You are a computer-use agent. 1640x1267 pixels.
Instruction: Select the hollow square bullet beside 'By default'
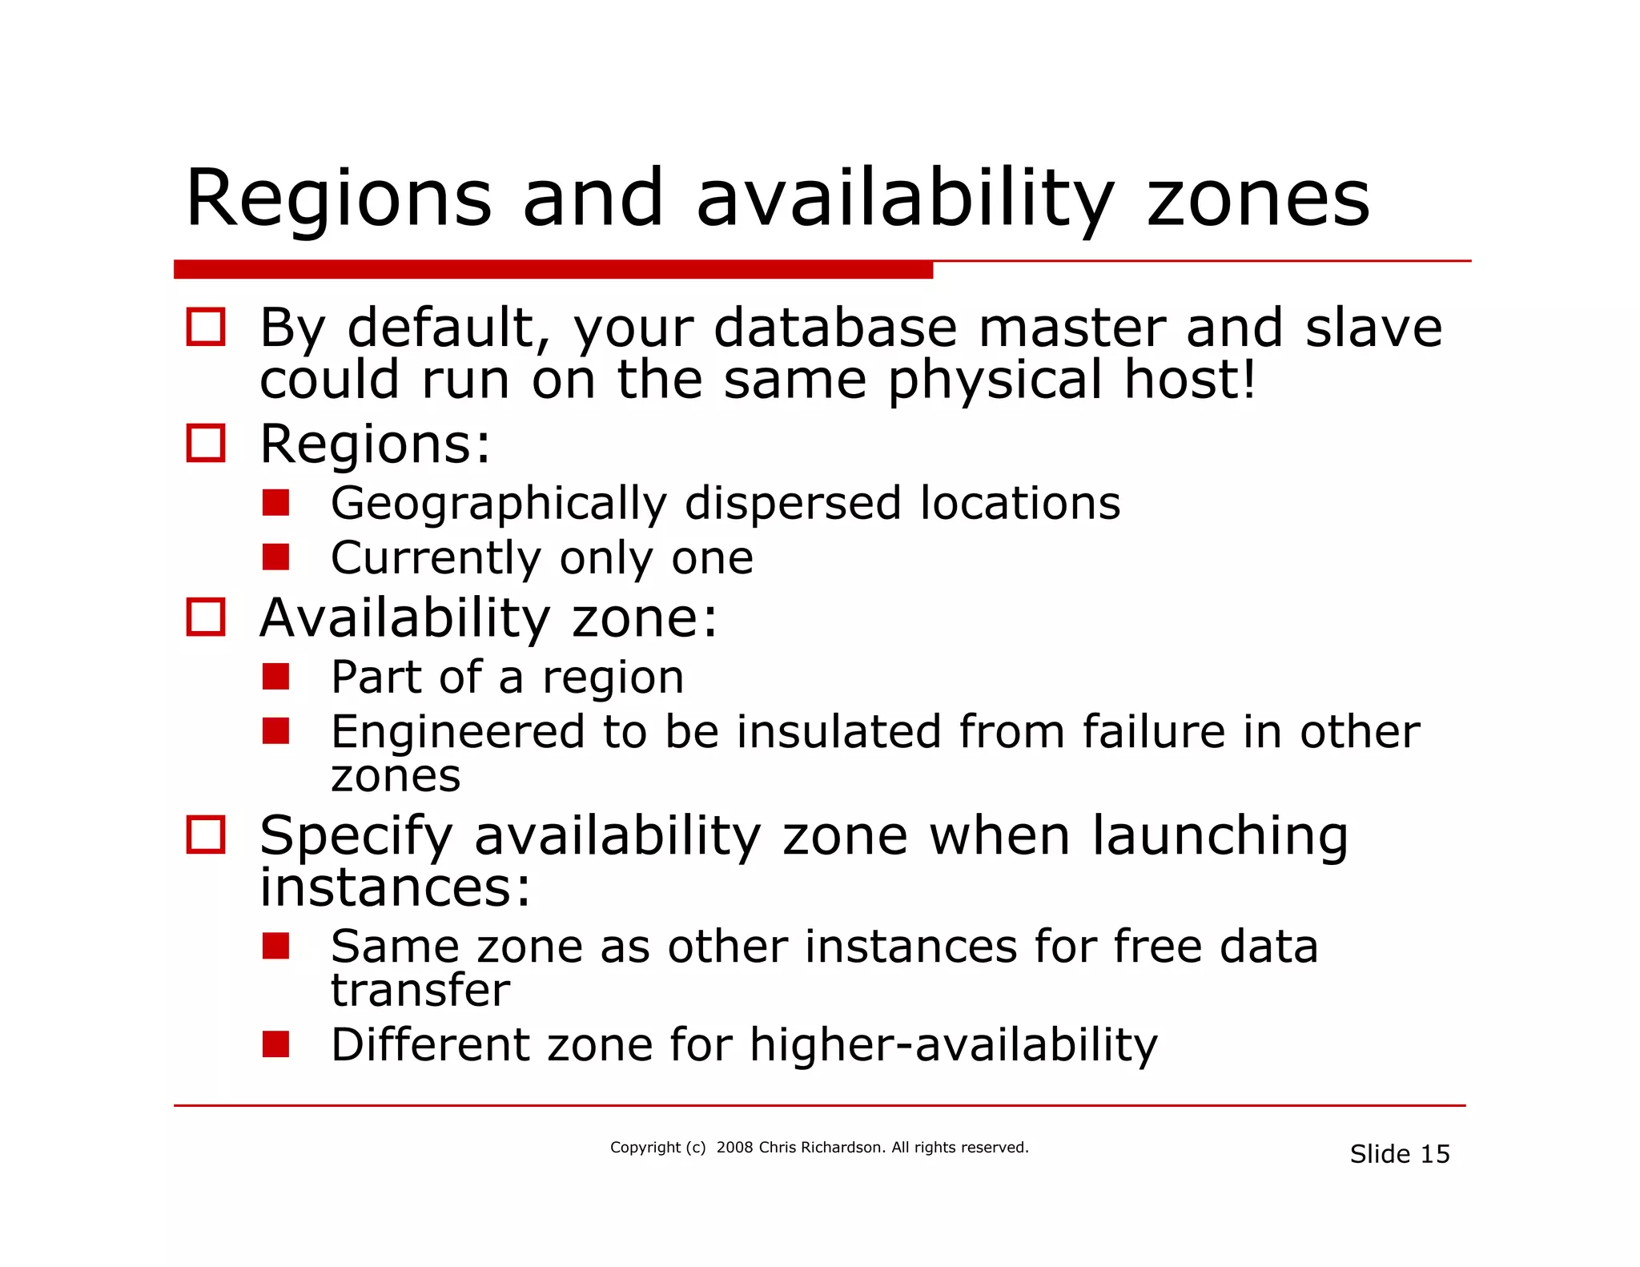tap(206, 327)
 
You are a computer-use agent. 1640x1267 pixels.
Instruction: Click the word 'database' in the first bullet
tap(834, 328)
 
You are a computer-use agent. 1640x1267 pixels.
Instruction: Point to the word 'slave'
tap(1373, 328)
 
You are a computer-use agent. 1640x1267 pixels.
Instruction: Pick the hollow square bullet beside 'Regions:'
tap(206, 443)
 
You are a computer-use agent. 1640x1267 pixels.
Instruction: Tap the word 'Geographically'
tap(498, 505)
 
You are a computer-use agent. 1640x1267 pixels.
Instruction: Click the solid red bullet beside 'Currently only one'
tap(275, 557)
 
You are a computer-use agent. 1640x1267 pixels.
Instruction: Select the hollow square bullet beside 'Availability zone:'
tap(206, 617)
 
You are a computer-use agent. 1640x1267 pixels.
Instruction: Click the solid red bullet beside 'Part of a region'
tap(275, 677)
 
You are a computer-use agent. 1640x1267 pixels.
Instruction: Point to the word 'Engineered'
tap(457, 732)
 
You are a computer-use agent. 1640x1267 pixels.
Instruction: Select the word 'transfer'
tap(420, 991)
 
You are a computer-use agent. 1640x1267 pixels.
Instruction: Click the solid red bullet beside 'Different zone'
tap(275, 1044)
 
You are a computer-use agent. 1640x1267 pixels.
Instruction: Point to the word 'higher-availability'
tap(954, 1046)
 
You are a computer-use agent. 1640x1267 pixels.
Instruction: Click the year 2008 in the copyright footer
tap(734, 1148)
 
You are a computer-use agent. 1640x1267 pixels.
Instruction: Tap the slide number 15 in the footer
tap(1435, 1154)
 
